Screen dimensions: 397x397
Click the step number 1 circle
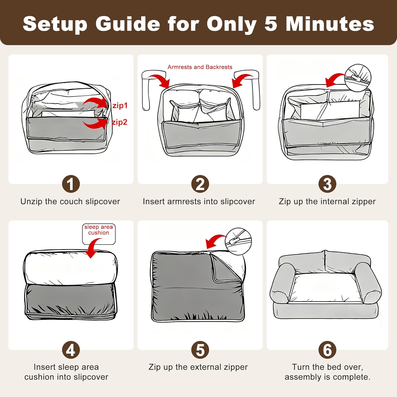click(x=71, y=184)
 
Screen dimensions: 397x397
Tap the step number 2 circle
click(x=200, y=184)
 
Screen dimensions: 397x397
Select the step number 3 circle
click(x=327, y=184)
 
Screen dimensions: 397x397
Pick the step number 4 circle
click(x=71, y=350)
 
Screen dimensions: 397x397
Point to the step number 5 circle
click(x=200, y=350)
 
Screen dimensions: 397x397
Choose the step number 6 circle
click(x=327, y=350)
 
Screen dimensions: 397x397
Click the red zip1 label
click(x=120, y=106)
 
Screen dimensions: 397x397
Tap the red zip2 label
click(x=119, y=122)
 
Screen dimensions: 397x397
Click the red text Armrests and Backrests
click(x=200, y=67)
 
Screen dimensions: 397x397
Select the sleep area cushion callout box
click(x=99, y=234)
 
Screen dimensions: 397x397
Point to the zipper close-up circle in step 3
click(x=358, y=78)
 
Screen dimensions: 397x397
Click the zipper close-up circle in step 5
click(x=238, y=241)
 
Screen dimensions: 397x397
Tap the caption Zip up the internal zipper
click(x=327, y=201)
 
